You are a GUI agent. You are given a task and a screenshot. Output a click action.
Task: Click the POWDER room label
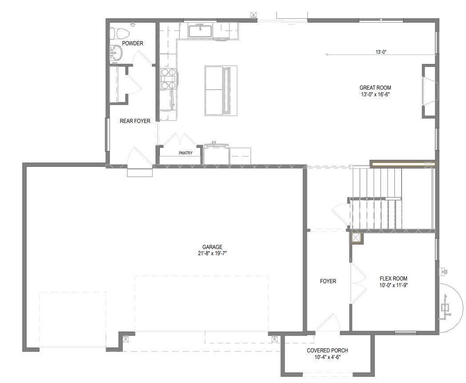coord(132,43)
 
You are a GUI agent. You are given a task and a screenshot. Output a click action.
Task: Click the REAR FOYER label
coord(135,121)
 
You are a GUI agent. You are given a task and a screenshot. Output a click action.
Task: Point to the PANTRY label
coord(186,153)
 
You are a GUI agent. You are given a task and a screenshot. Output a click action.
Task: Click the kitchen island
coord(221,90)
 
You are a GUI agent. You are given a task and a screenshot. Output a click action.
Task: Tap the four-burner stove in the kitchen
coord(168,79)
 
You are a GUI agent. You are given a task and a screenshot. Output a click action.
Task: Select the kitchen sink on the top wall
coord(200,31)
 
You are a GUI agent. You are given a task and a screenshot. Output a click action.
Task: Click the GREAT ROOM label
coord(375,87)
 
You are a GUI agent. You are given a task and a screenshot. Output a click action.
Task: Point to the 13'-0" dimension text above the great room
coord(381,52)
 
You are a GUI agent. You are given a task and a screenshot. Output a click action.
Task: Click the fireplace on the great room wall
coord(429,91)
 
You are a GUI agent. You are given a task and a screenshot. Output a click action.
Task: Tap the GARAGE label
coord(212,247)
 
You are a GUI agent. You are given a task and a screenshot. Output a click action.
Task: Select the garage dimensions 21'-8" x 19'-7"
coord(212,253)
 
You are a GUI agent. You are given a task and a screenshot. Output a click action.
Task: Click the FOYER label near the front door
coord(328,281)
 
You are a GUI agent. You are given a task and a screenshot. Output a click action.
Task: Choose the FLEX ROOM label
coord(394,279)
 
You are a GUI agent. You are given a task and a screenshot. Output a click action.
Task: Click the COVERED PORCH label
coord(327,350)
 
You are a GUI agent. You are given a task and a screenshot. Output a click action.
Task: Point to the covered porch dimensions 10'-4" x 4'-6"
coord(327,357)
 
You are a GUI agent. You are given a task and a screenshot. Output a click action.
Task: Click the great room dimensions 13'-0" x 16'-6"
coord(375,95)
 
